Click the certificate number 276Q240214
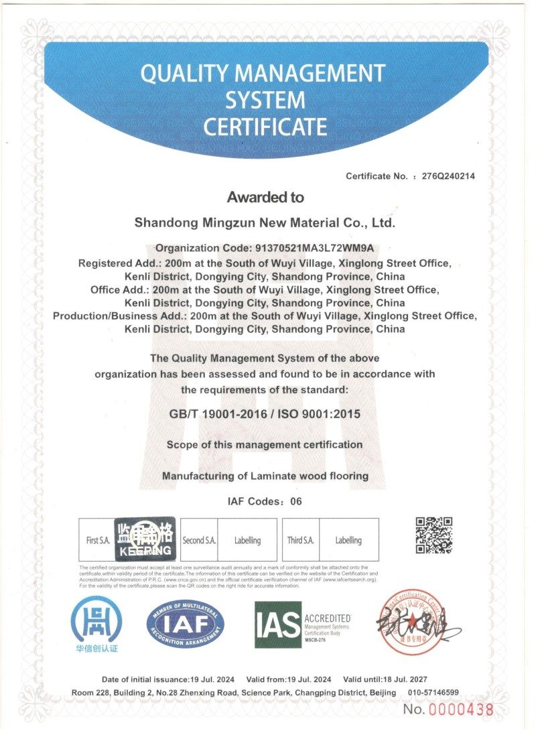point(448,176)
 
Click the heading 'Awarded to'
point(265,197)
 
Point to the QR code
point(433,535)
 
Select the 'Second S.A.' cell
point(199,540)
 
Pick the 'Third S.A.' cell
point(301,540)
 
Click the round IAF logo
point(186,625)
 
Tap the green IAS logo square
point(277,625)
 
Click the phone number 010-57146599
point(434,692)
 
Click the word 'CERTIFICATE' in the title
point(265,126)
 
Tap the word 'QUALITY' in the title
point(179,74)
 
